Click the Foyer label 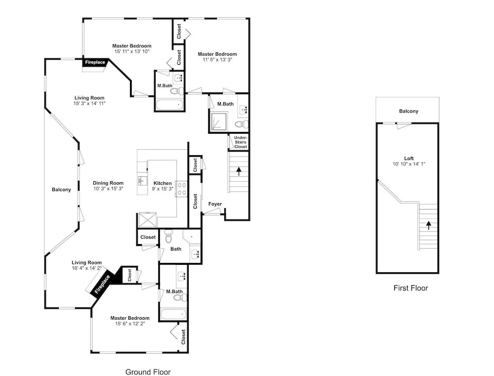pos(215,204)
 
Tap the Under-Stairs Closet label pos(241,142)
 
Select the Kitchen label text pos(163,183)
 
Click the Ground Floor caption pos(148,372)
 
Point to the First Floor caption pos(411,288)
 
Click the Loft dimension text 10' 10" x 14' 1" pos(409,164)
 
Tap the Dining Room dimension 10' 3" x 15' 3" pos(108,188)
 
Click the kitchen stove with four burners pos(182,189)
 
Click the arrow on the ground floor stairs pos(239,171)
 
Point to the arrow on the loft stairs pos(428,225)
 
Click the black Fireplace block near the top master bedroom pos(95,62)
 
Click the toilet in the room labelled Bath pos(168,236)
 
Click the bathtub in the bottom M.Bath pos(173,314)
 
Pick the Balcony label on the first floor pos(409,111)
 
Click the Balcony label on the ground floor pos(61,189)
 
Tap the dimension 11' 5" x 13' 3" pos(217,60)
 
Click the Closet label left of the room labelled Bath pos(148,237)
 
